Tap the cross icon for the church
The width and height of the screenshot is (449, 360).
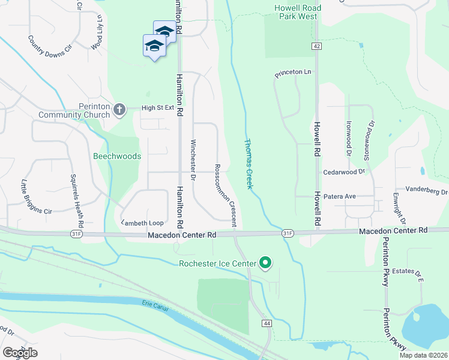(119, 109)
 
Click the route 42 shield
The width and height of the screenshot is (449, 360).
(317, 46)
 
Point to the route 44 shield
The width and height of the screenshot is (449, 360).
(265, 323)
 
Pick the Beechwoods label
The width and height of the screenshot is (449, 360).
(117, 156)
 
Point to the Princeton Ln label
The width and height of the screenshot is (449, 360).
(294, 73)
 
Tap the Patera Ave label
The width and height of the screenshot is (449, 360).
(325, 196)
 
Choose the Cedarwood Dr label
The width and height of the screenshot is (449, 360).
(344, 171)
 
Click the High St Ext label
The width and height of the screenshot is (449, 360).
(157, 108)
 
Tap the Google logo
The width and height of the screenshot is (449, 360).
(20, 352)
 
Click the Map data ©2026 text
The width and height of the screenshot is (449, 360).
(423, 355)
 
